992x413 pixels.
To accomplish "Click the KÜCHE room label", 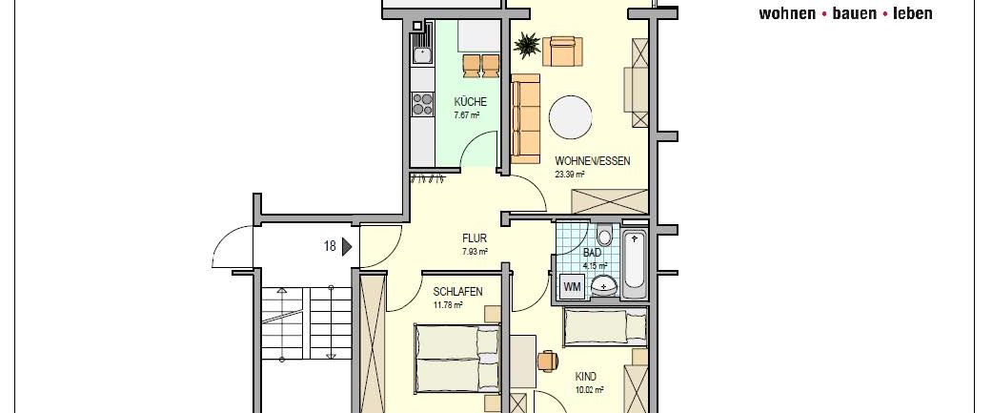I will [471, 102].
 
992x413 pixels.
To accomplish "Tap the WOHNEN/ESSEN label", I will [592, 161].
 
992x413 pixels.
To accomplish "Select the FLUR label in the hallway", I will [475, 239].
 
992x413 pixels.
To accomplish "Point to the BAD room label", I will [593, 253].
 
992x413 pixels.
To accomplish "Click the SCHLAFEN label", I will [457, 292].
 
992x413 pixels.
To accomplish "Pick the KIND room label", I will [586, 377].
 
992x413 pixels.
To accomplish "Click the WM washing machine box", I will [573, 286].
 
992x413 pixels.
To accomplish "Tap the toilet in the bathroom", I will [605, 237].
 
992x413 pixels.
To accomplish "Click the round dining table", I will [573, 116].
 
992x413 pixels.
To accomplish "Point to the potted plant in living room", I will [527, 44].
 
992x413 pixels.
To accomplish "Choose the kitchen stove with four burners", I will [421, 103].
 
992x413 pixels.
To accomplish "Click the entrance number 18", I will [330, 246].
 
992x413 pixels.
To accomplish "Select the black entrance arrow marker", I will [347, 246].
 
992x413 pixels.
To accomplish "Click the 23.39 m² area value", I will [570, 175].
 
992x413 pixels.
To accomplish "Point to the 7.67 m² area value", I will [467, 114].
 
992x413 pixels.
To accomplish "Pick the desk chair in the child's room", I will [547, 360].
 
